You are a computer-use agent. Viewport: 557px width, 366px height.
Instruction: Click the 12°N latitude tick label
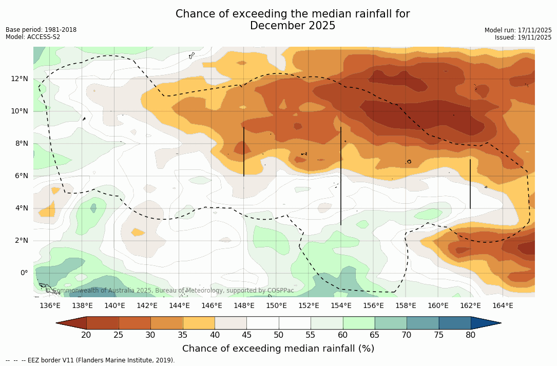(x=18, y=79)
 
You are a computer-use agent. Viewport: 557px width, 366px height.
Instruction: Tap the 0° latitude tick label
(x=23, y=273)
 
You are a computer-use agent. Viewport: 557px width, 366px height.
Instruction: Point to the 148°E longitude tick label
(x=244, y=305)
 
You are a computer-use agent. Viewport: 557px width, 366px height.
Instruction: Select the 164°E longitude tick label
(x=503, y=305)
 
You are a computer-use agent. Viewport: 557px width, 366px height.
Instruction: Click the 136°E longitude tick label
(x=50, y=305)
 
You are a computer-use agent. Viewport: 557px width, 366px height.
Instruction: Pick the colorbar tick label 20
(x=86, y=335)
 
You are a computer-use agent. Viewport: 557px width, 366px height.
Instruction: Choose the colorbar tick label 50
(x=278, y=335)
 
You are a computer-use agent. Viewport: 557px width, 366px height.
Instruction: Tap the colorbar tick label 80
(x=470, y=335)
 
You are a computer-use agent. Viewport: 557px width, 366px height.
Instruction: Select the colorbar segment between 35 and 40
(x=199, y=323)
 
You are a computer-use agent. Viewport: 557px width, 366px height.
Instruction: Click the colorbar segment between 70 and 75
(x=422, y=323)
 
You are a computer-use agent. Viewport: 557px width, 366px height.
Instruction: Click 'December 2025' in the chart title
(x=293, y=26)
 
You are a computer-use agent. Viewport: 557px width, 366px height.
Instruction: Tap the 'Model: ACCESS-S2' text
(x=33, y=37)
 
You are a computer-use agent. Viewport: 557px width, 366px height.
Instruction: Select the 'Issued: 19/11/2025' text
(x=523, y=37)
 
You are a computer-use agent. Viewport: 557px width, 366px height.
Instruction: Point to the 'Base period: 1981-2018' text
(x=41, y=30)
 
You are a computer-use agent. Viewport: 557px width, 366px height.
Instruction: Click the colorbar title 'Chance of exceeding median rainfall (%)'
(x=278, y=349)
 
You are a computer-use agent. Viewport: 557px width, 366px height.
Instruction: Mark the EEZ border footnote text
(x=90, y=360)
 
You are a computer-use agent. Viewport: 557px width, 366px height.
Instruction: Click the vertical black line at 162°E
(x=470, y=184)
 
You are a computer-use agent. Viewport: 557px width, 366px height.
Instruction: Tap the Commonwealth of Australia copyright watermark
(x=169, y=291)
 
